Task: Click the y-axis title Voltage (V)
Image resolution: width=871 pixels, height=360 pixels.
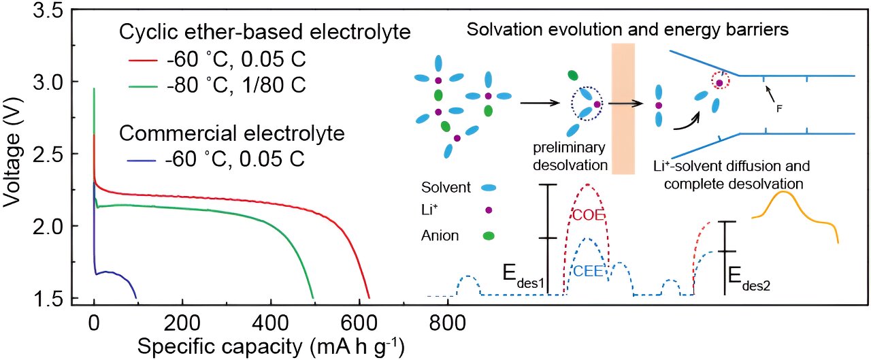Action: [14, 161]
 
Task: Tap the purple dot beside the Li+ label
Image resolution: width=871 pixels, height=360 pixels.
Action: [489, 211]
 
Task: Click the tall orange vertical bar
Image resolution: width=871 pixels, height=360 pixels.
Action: [623, 109]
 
